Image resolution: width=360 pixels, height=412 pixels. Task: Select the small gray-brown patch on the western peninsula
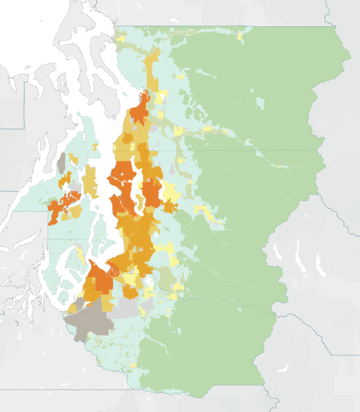coord(61,164)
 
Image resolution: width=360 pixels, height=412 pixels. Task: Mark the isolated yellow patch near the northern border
coord(240,36)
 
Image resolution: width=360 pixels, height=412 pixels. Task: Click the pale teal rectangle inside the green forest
coord(260,100)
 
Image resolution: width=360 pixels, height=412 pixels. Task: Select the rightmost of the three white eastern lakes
coord(320,263)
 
